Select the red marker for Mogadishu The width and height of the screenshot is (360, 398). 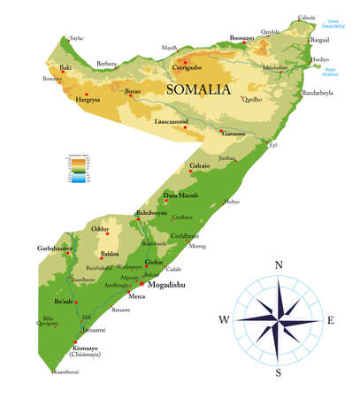[x=142, y=284]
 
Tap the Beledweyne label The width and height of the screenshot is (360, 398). [x=152, y=214]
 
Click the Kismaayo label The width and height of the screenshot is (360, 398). [x=86, y=348]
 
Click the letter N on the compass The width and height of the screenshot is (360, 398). [x=278, y=264]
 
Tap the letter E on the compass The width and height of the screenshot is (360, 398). [x=330, y=319]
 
